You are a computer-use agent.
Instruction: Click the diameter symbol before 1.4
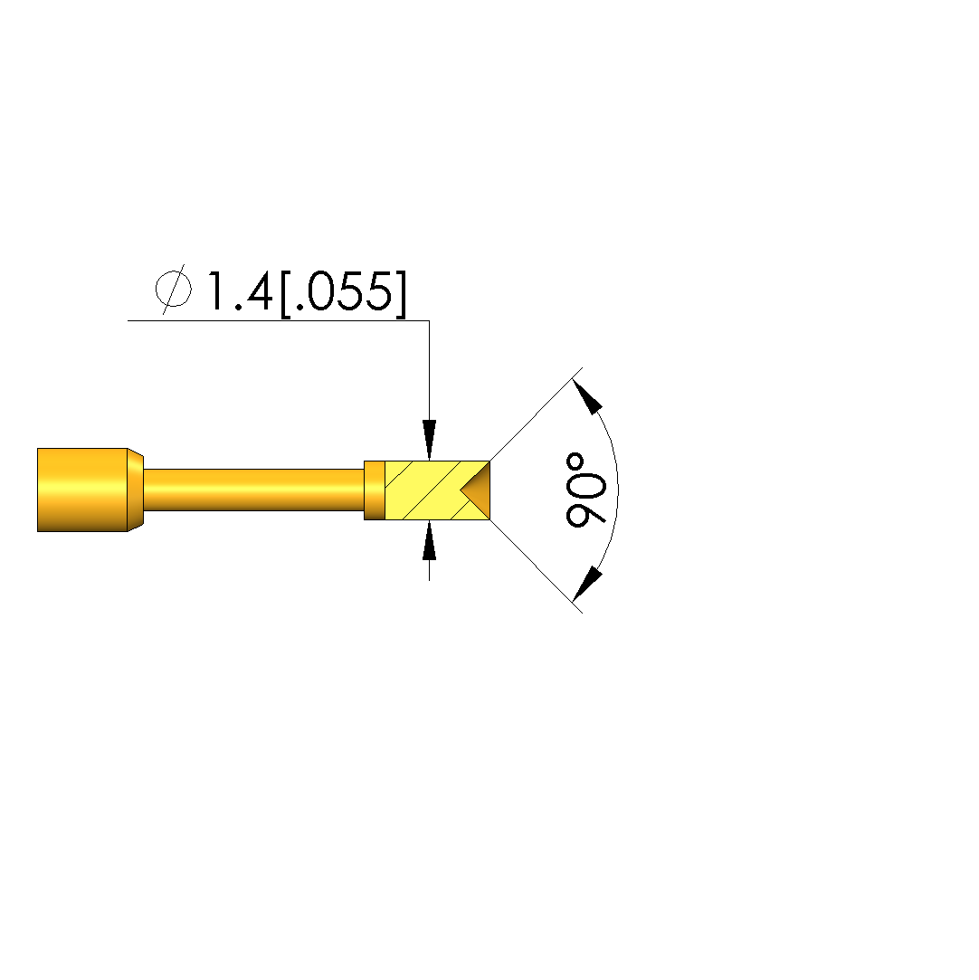pos(174,290)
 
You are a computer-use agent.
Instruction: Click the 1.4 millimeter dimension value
pos(240,290)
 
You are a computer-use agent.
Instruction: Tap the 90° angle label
pos(585,490)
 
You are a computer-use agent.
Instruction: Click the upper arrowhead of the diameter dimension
pos(429,440)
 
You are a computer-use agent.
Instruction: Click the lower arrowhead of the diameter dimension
pos(429,540)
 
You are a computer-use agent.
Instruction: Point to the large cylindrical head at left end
pos(82,490)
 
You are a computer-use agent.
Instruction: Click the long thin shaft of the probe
pos(253,490)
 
